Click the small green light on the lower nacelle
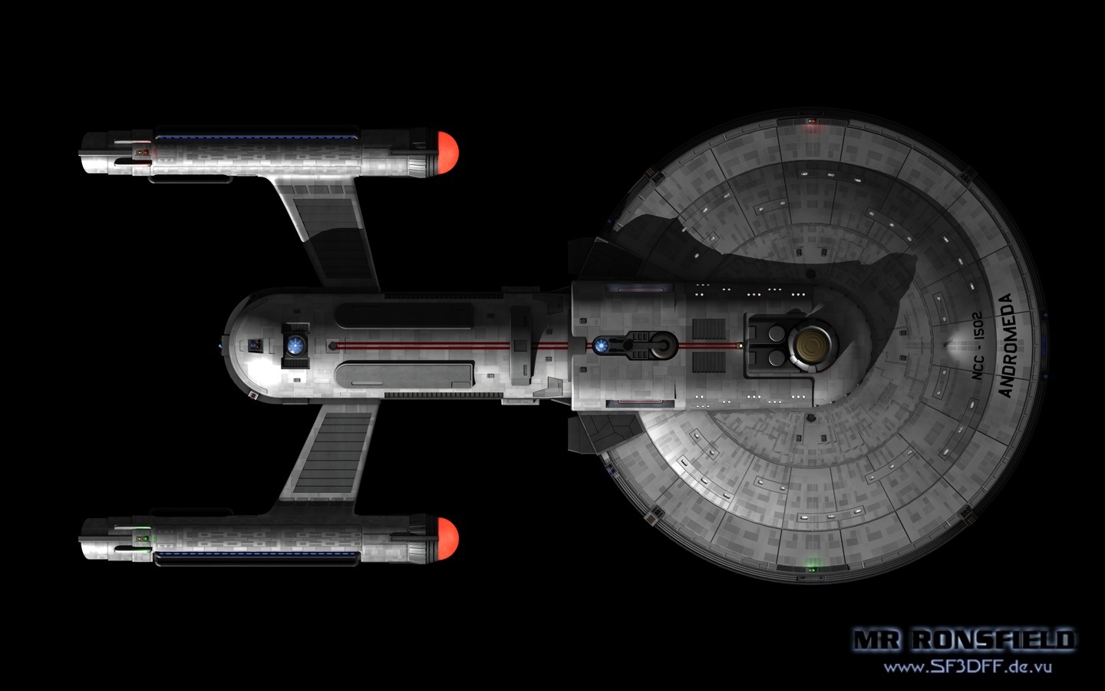(x=143, y=540)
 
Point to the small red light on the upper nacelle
(x=143, y=152)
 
